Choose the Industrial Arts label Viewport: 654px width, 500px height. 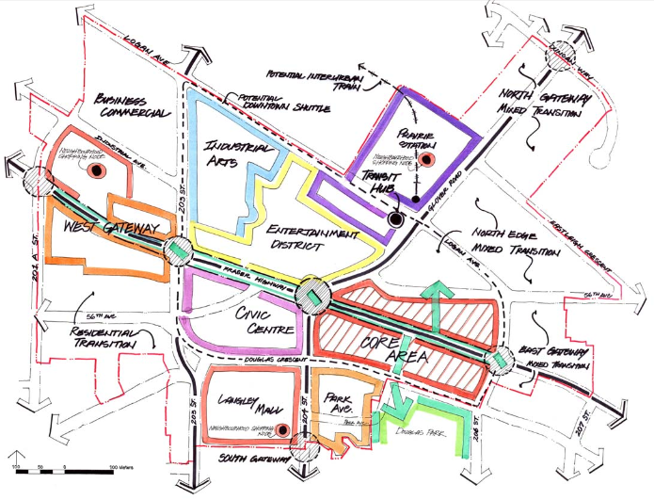click(x=234, y=156)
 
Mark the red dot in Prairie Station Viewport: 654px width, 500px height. click(x=423, y=161)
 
